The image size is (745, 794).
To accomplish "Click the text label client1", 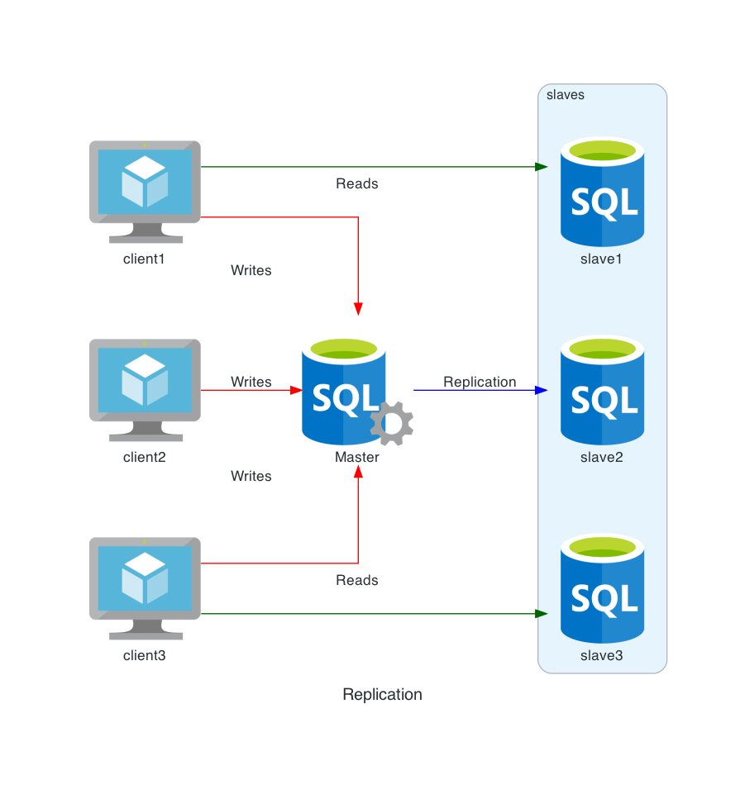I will (145, 259).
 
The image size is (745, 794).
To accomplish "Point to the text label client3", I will (145, 656).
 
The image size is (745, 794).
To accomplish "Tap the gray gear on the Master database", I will (391, 424).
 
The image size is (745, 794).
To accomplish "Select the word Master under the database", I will (357, 457).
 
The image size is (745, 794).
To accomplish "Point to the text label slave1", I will (602, 259).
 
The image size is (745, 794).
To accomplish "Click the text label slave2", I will (602, 457).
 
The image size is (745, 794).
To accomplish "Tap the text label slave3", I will (602, 656).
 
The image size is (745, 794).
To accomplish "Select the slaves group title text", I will (566, 95).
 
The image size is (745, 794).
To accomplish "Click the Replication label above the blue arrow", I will (480, 382).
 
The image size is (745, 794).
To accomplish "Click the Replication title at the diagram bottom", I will (382, 695).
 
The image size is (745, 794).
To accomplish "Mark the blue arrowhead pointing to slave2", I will (542, 390).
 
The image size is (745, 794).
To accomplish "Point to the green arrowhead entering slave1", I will (542, 167).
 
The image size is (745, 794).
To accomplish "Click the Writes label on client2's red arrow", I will (251, 382).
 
